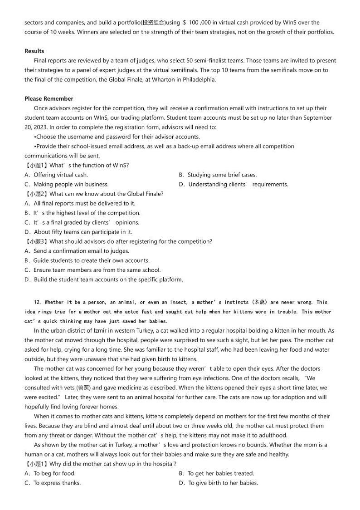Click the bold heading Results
point(34,51)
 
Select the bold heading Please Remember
point(49,98)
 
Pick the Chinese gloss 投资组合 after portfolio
point(154,22)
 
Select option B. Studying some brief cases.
point(218,175)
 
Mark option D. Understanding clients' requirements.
point(234,184)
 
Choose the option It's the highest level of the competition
point(83,213)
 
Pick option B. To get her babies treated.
point(217,473)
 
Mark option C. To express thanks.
point(53,483)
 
